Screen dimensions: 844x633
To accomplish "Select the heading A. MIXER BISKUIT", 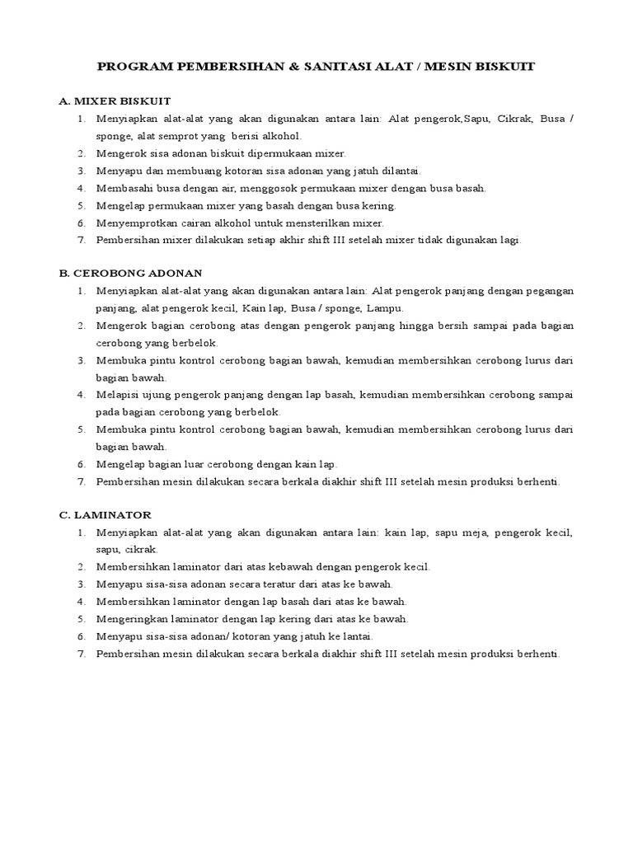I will (x=115, y=101).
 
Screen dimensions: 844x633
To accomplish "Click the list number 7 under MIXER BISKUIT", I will (x=81, y=240).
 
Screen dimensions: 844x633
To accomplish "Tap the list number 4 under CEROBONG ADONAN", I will (x=81, y=394).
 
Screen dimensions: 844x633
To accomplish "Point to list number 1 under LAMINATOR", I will (x=81, y=532).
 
